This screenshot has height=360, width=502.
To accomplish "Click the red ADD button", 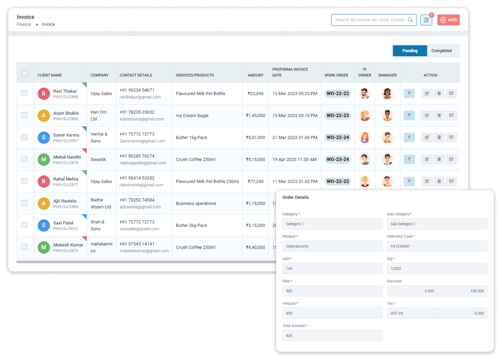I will [x=448, y=20].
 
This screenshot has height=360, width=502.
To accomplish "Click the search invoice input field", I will [x=370, y=20].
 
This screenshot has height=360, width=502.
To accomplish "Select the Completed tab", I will [x=441, y=51].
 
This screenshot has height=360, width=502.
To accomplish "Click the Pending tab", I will [x=409, y=51].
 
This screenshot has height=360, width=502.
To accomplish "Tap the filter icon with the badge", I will [x=426, y=20].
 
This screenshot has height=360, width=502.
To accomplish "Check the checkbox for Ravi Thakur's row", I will [x=24, y=93].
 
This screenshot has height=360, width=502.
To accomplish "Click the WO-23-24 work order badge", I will [x=338, y=159].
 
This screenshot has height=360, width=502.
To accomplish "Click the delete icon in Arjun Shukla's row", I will [x=439, y=115].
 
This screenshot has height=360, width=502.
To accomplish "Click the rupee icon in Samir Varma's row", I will [x=409, y=137].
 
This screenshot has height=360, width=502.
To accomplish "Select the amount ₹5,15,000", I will [x=255, y=159].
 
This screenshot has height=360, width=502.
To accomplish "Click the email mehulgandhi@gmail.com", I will [x=143, y=163].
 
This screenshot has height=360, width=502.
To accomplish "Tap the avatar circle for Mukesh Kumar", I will [x=44, y=247].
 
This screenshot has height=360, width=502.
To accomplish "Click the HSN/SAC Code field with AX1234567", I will [x=436, y=246].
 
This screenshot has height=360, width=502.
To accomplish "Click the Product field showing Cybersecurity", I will [x=332, y=246].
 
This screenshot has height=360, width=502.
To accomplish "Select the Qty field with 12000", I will [x=436, y=268].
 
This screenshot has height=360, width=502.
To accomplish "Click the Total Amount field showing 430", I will [x=332, y=336].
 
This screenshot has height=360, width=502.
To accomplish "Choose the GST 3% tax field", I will [x=412, y=313].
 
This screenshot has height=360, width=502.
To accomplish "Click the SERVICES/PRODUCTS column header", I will [x=195, y=75].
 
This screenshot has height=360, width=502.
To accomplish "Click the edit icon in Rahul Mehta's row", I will [x=427, y=181].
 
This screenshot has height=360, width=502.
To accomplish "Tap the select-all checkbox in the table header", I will [x=24, y=73].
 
